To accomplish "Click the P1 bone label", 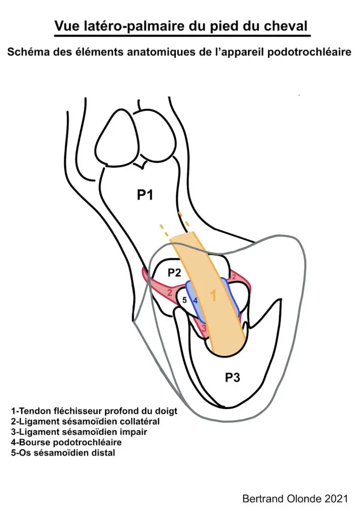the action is pyautogui.click(x=145, y=195).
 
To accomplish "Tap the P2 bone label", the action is pyautogui.click(x=174, y=273).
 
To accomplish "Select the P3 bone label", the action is pyautogui.click(x=233, y=377).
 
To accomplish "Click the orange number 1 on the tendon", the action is pyautogui.click(x=213, y=296).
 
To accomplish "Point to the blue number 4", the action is pyautogui.click(x=195, y=301).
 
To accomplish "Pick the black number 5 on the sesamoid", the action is pyautogui.click(x=185, y=300).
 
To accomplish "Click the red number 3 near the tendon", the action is pyautogui.click(x=204, y=328).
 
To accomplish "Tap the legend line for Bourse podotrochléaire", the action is pyautogui.click(x=66, y=442).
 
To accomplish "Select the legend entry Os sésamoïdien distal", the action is pyautogui.click(x=63, y=453).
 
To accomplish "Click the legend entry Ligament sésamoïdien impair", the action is pyautogui.click(x=79, y=432).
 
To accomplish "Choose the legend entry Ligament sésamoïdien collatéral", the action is pyautogui.click(x=85, y=422).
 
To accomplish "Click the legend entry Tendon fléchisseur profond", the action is pyautogui.click(x=94, y=411).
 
